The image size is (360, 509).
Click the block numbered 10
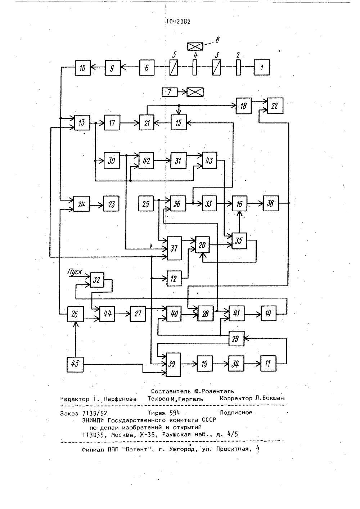pyautogui.click(x=83, y=68)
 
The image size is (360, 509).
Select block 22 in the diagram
pyautogui.click(x=275, y=106)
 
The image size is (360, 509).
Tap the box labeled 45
pyautogui.click(x=75, y=365)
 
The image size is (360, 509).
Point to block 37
pyautogui.click(x=174, y=248)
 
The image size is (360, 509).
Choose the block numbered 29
pyautogui.click(x=237, y=339)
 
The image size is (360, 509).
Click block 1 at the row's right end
pyautogui.click(x=262, y=67)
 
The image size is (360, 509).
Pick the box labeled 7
pyautogui.click(x=170, y=92)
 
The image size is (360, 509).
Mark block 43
pyautogui.click(x=209, y=161)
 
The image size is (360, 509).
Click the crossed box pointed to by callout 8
pyautogui.click(x=195, y=46)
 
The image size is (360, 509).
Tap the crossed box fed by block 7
pyautogui.click(x=195, y=92)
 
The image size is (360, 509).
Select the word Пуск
pyautogui.click(x=75, y=272)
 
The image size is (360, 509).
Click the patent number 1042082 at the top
pyautogui.click(x=179, y=22)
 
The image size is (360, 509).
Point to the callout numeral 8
pyautogui.click(x=217, y=40)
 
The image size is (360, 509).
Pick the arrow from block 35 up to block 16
pyautogui.click(x=239, y=222)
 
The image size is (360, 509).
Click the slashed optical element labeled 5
pyautogui.click(x=174, y=68)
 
